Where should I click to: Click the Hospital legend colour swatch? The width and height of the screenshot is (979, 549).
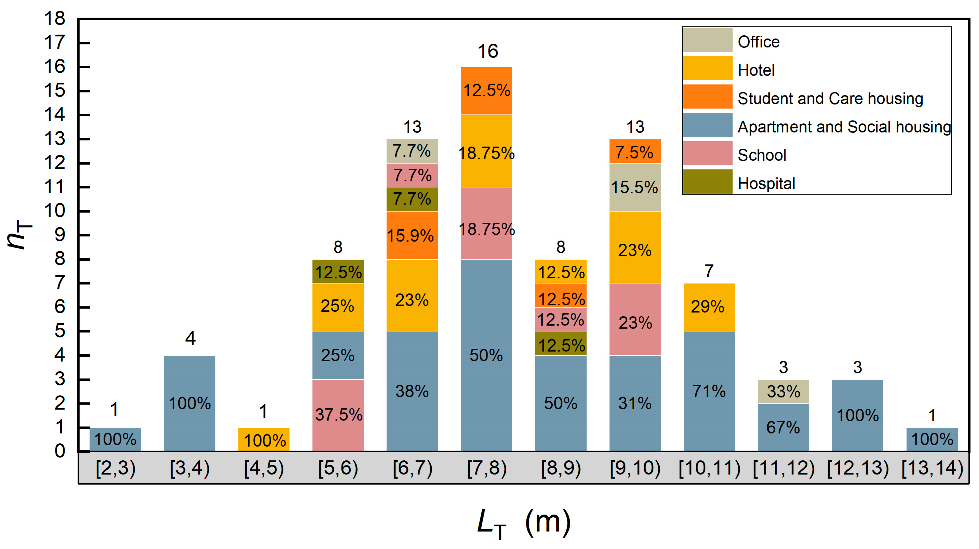707,182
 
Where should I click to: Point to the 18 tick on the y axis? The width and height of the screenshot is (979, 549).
55,18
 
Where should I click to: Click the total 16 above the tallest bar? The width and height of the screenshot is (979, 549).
488,51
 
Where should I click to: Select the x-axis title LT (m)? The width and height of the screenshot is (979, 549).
524,522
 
